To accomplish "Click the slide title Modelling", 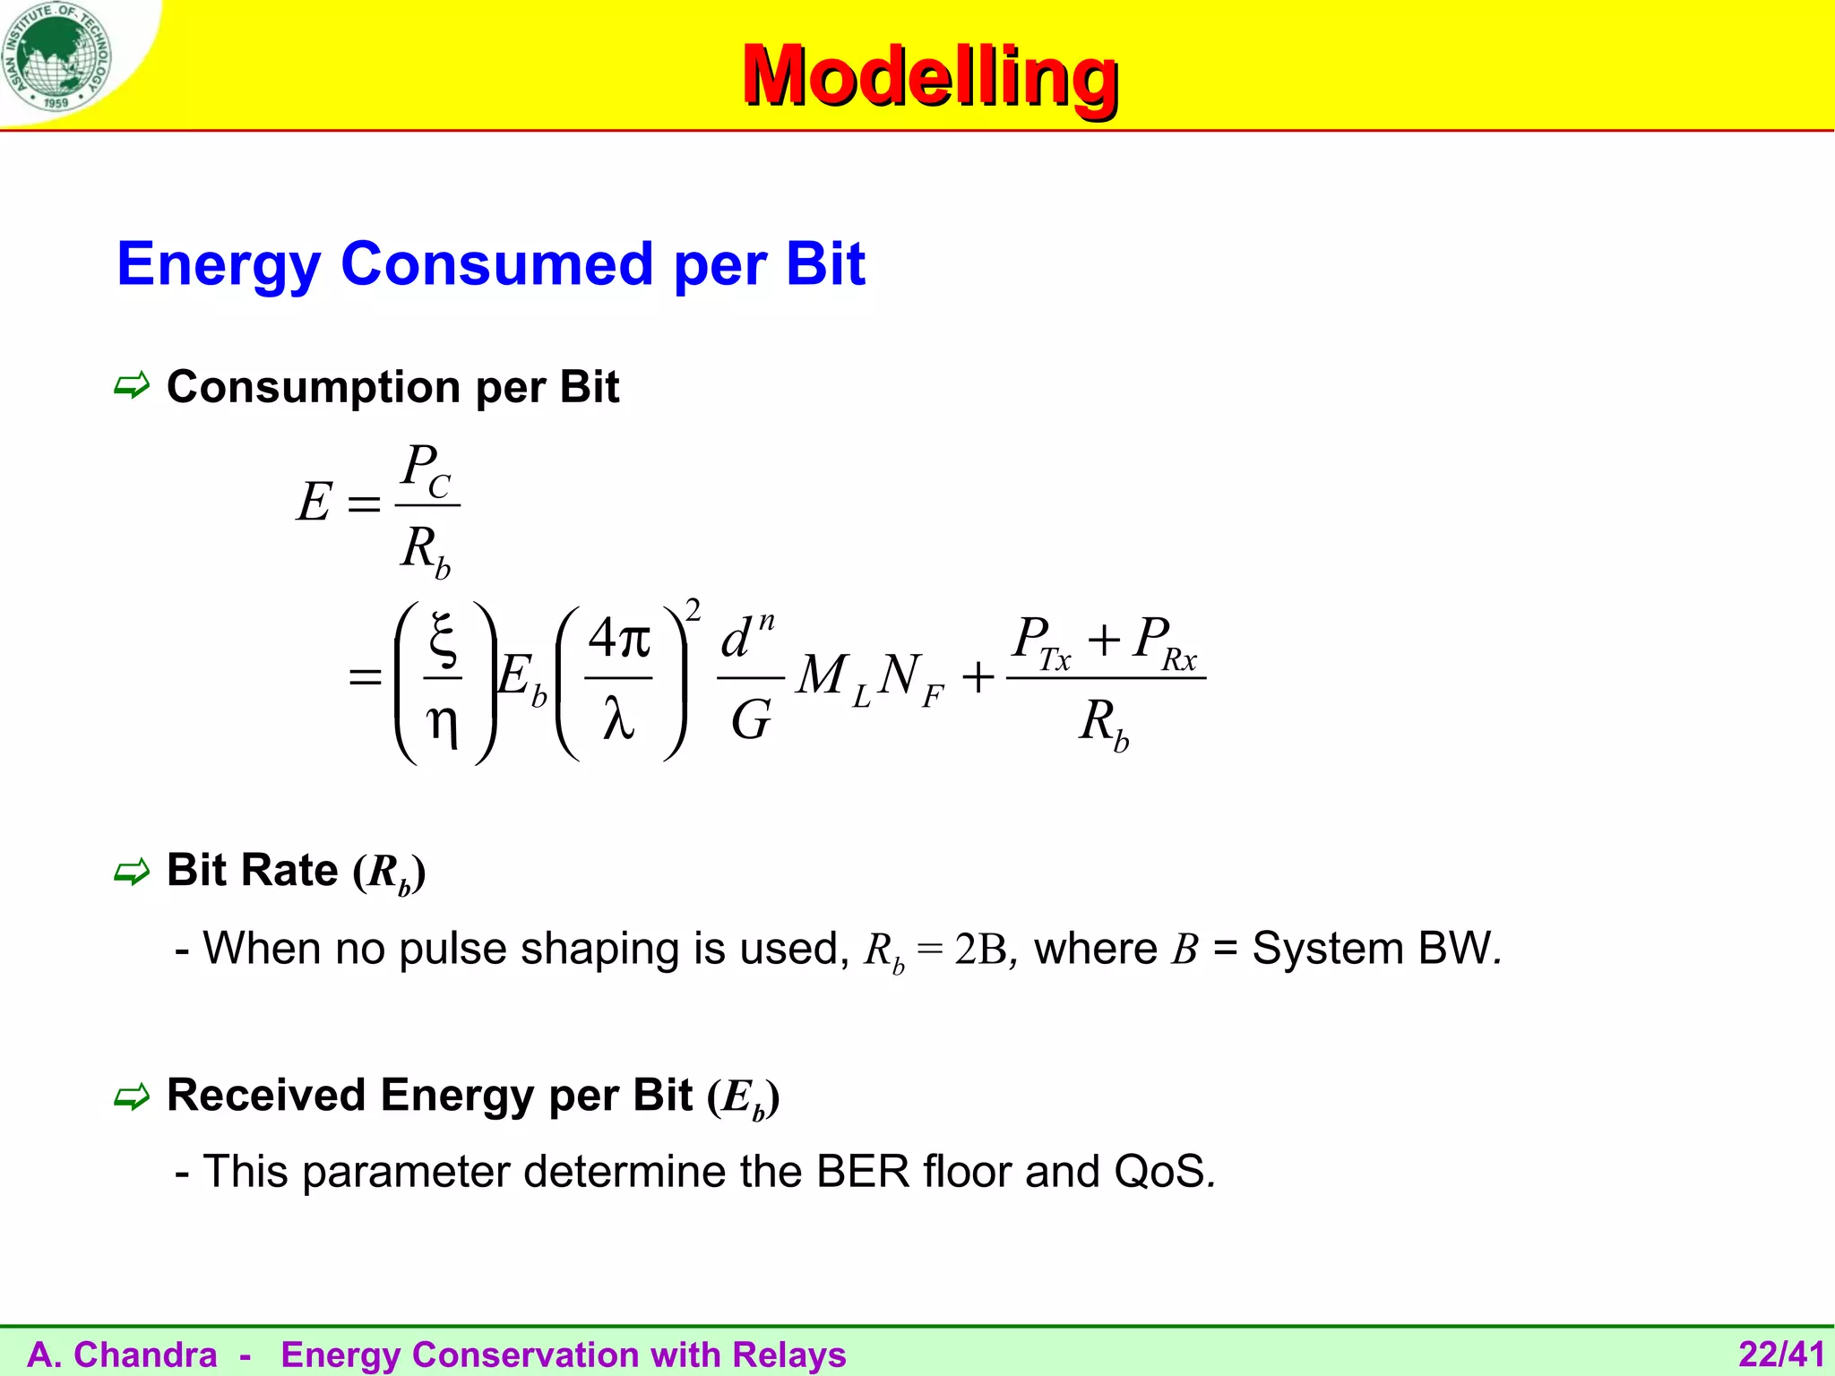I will pos(929,76).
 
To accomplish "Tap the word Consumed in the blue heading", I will pos(497,264).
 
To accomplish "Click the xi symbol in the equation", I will pos(444,638).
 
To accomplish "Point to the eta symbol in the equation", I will pos(443,721).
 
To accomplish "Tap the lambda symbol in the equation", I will pos(618,718).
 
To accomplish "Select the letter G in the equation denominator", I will pos(750,719).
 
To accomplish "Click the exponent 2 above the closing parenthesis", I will pos(693,611).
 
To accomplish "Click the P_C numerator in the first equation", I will pos(426,469).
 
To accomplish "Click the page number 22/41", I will pos(1781,1354).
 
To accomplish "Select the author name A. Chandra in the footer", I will pos(123,1354).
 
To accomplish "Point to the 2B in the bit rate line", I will pos(981,950).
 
